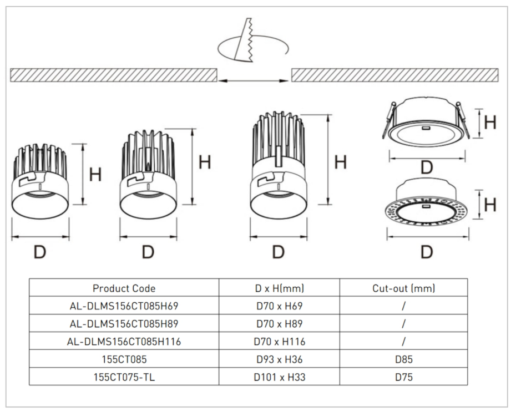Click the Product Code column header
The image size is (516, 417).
pyautogui.click(x=124, y=288)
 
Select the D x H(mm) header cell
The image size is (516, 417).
pyautogui.click(x=280, y=288)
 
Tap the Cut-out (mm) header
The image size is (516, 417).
pyautogui.click(x=404, y=288)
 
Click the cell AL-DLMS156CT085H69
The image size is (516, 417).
pyautogui.click(x=124, y=306)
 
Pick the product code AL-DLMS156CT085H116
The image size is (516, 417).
pyautogui.click(x=124, y=342)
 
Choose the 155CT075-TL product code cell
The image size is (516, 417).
pyautogui.click(x=124, y=377)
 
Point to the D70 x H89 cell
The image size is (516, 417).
pyautogui.click(x=280, y=324)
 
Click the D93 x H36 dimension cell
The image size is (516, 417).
pyautogui.click(x=280, y=359)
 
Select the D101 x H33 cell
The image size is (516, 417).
pyautogui.click(x=280, y=377)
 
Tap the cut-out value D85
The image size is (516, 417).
pyautogui.click(x=404, y=359)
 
